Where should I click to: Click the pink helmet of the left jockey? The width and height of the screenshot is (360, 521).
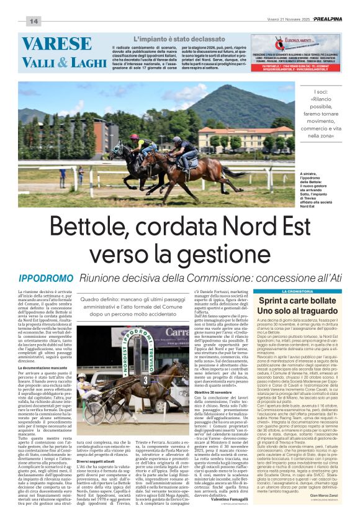134,137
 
